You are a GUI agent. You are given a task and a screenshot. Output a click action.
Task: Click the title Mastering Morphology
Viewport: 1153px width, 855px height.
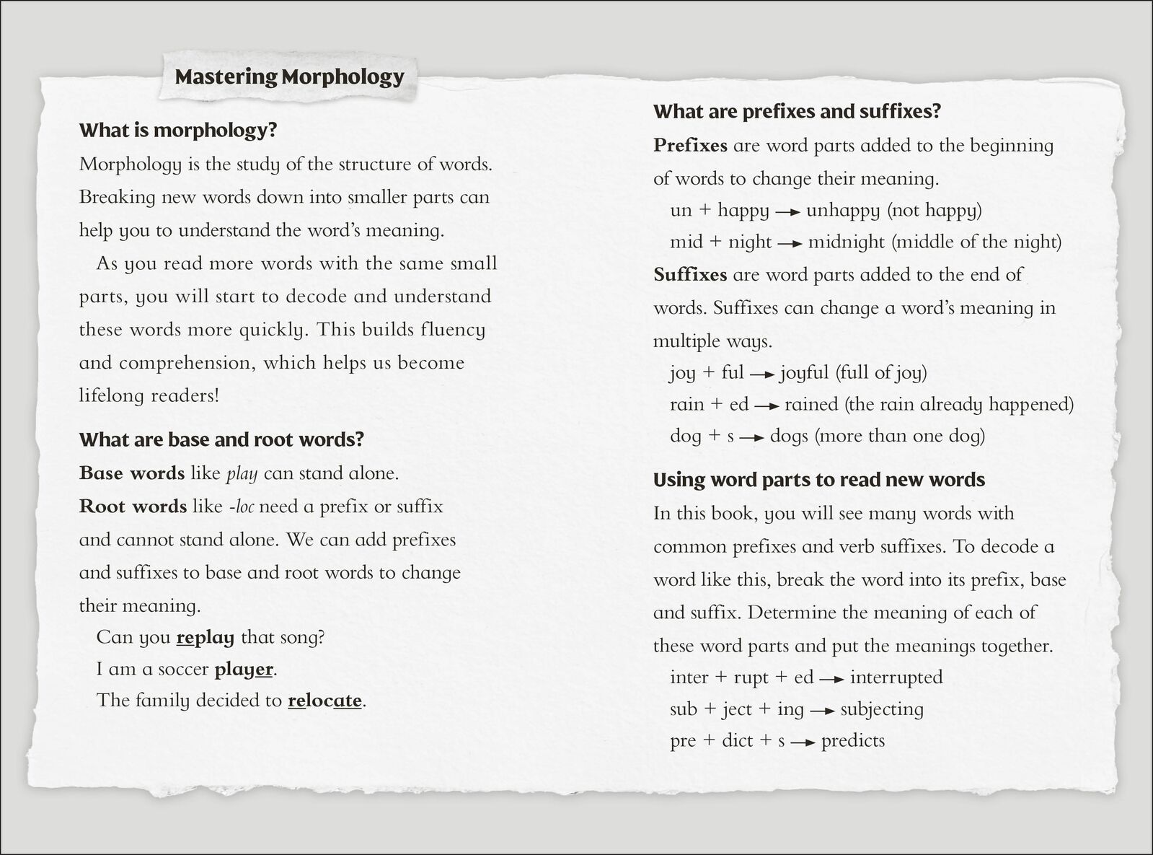click(289, 76)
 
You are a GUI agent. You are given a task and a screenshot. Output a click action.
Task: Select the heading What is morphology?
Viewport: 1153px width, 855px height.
click(178, 131)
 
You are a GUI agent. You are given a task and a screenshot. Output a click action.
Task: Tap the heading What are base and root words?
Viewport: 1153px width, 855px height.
click(221, 439)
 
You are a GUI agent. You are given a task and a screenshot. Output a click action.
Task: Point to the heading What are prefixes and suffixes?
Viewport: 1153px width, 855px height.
click(797, 112)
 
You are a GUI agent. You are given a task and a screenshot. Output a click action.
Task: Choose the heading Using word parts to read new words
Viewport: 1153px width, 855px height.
click(818, 480)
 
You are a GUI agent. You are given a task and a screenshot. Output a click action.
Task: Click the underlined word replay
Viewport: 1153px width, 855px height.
click(206, 638)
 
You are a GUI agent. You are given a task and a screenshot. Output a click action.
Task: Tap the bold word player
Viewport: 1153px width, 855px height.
click(244, 670)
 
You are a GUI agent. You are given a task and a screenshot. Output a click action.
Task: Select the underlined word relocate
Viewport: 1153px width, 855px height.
click(324, 701)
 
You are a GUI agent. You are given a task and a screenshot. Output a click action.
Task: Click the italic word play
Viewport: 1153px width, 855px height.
click(242, 474)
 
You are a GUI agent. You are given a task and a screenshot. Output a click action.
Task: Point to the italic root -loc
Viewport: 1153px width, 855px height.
click(241, 507)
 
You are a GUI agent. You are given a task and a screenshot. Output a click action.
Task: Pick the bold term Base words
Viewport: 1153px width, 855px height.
click(132, 473)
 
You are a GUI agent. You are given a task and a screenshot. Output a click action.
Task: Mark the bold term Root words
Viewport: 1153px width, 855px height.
click(133, 507)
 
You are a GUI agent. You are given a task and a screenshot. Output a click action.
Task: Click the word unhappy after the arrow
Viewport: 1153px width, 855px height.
click(842, 211)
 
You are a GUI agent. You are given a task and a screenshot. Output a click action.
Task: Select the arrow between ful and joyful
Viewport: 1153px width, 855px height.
click(762, 374)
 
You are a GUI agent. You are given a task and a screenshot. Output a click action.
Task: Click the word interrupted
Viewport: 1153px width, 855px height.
click(896, 678)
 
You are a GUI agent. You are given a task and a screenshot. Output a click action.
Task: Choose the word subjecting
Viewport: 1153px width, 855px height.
click(881, 709)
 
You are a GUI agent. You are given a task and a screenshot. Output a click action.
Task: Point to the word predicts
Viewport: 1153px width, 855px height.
click(852, 741)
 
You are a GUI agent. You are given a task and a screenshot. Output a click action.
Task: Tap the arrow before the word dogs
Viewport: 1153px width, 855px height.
click(752, 437)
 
